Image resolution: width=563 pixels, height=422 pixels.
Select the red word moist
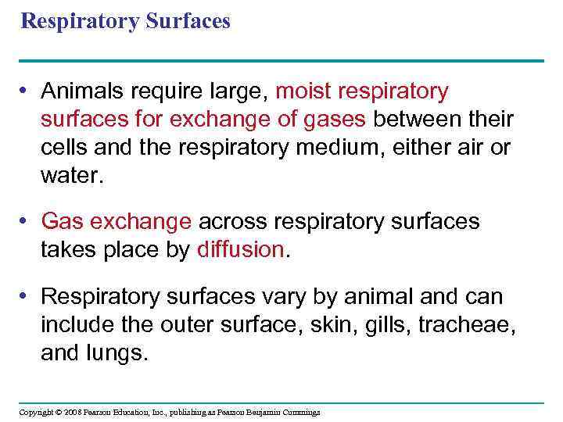304,92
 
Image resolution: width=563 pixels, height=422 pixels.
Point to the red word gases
339,120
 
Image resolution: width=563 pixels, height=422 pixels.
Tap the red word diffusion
242,249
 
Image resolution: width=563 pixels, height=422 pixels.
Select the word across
232,222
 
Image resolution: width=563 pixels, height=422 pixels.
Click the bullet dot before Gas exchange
26,222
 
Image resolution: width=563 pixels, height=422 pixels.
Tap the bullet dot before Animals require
26,92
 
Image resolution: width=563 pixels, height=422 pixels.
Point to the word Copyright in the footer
34,412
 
